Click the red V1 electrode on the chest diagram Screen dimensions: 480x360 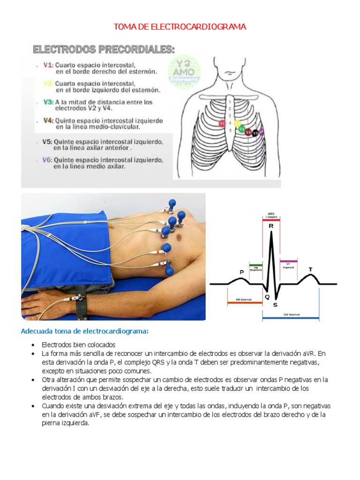(x=223, y=123)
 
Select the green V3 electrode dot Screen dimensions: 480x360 (x=241, y=129)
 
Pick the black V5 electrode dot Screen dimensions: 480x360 (x=255, y=133)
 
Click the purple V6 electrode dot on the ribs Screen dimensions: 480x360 (x=261, y=132)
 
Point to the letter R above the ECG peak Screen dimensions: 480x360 (x=271, y=226)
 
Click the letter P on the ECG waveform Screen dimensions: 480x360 (x=242, y=272)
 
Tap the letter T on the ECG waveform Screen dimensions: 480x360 (x=310, y=270)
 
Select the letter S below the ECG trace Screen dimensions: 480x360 (x=275, y=304)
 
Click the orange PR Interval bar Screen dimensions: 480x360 (x=244, y=303)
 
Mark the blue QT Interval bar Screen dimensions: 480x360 (x=291, y=318)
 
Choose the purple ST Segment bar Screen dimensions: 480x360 (x=288, y=261)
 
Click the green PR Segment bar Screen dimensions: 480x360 (x=256, y=266)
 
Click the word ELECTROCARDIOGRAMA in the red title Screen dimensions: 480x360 (x=199, y=27)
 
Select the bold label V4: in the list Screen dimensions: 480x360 (x=48, y=120)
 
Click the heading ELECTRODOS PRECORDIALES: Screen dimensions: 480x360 (x=104, y=49)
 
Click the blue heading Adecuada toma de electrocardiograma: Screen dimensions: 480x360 (x=84, y=331)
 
